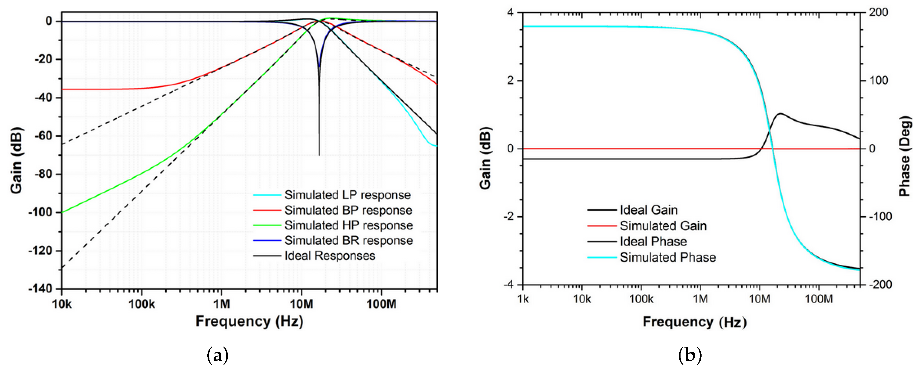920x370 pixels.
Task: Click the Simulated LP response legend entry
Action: (347, 195)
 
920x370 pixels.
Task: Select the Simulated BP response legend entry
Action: (348, 210)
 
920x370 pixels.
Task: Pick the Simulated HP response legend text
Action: (349, 225)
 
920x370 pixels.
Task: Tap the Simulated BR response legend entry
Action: (349, 241)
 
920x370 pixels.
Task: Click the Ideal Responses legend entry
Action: (330, 256)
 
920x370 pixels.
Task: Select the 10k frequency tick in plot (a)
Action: (62, 304)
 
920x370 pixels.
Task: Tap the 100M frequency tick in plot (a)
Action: (381, 304)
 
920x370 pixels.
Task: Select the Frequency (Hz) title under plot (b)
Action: (694, 322)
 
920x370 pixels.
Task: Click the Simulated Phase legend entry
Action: (668, 257)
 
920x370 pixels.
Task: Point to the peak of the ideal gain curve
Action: (780, 114)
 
